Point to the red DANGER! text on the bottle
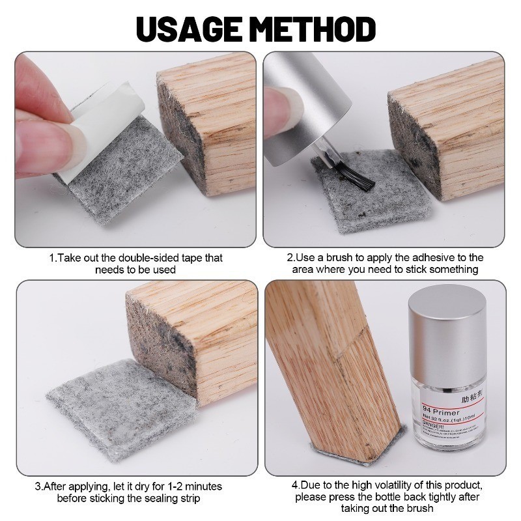pyautogui.click(x=432, y=424)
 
